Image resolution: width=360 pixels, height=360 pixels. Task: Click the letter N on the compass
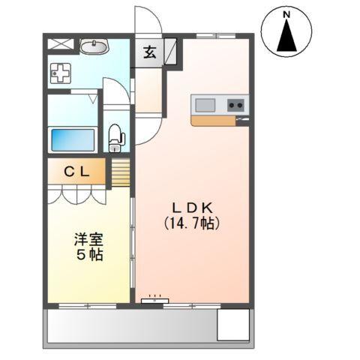coord(288,14)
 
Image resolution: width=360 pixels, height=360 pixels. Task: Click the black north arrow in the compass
coord(288,37)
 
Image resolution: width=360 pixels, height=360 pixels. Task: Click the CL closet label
coord(77,171)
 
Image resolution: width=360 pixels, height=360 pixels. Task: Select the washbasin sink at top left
coord(94,47)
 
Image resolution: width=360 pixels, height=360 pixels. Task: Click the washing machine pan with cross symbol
coord(60,73)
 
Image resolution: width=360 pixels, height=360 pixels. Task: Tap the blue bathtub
coord(72,139)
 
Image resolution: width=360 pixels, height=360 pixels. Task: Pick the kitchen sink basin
coord(205,105)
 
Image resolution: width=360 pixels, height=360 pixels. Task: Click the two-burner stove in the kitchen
coord(236,105)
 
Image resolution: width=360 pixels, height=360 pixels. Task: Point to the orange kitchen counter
coord(217,120)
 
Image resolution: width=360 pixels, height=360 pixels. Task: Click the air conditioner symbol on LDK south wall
coord(153,299)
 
